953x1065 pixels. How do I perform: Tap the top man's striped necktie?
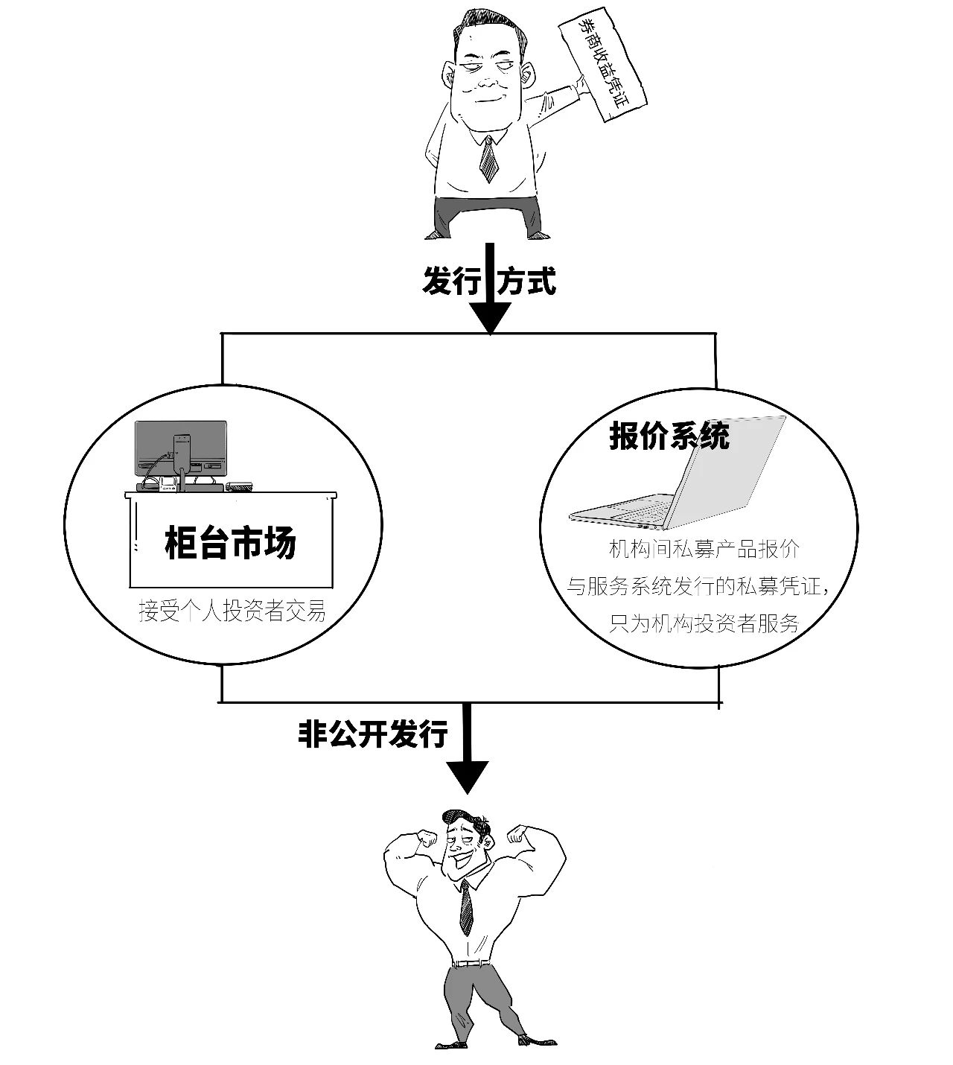point(488,159)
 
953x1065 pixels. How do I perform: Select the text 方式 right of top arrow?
point(527,282)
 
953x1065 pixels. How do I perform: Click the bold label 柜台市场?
point(231,543)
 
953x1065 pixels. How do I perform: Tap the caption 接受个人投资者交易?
point(232,612)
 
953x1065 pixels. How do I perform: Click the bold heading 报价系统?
point(669,436)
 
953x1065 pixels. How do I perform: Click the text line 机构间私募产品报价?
point(704,550)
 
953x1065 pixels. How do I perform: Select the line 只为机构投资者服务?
point(704,623)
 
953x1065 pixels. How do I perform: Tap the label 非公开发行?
point(373,734)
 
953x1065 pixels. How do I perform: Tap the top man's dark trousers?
point(488,215)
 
